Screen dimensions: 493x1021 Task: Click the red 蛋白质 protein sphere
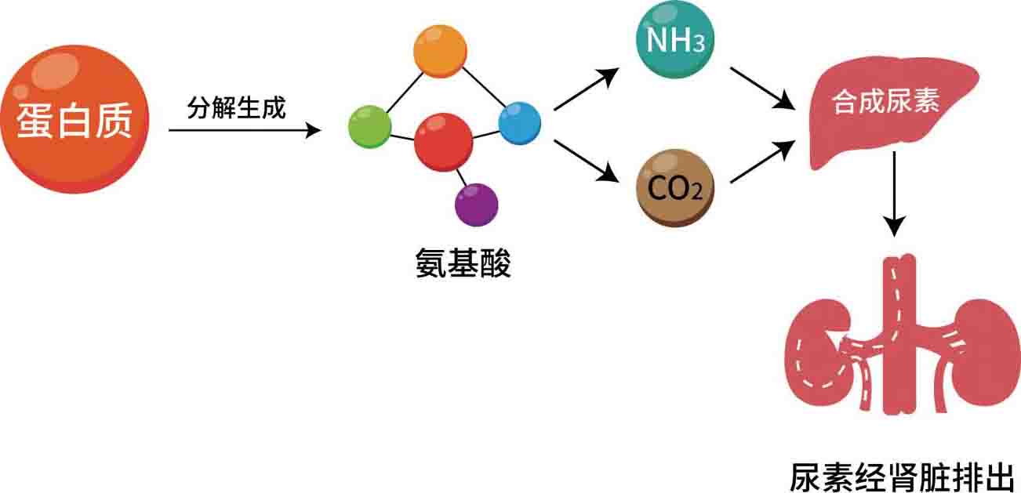point(75,119)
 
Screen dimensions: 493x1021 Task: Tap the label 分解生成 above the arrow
point(236,107)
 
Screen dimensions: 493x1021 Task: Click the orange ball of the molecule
point(440,52)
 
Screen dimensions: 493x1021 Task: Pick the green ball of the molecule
point(369,125)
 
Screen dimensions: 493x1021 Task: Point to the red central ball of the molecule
point(443,142)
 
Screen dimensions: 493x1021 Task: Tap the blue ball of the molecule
point(520,123)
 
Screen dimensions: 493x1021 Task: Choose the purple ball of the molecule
point(476,205)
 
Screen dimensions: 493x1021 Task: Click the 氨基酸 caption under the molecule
point(463,264)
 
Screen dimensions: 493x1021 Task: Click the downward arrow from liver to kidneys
point(894,192)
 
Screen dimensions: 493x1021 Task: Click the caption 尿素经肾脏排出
point(902,477)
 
